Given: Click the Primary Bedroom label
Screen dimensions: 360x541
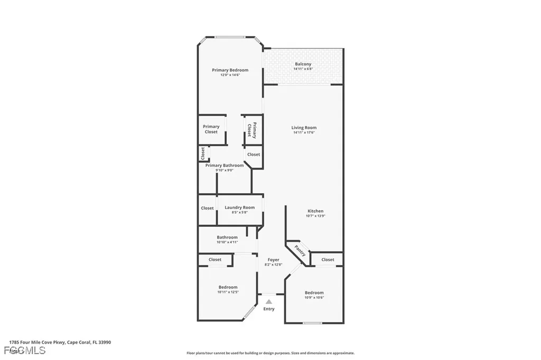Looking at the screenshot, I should (x=230, y=70).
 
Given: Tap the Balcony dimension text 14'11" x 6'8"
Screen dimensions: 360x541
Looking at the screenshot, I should (x=303, y=69).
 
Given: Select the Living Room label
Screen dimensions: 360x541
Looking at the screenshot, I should (x=304, y=128).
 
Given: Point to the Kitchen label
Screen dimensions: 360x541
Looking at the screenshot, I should (x=315, y=211).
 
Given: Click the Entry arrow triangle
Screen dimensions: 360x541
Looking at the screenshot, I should (x=268, y=301).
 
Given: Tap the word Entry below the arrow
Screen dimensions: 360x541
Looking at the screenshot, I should (x=269, y=309).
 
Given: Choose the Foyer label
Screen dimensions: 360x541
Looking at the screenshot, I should (x=273, y=260).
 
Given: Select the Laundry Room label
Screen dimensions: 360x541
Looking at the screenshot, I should (x=239, y=207).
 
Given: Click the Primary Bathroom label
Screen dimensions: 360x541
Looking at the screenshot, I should (x=225, y=165).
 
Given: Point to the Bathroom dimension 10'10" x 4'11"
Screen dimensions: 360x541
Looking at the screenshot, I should (x=227, y=242).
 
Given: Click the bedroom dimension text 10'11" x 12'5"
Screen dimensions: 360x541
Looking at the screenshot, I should (x=228, y=292).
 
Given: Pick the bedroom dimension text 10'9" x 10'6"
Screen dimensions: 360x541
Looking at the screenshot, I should (x=314, y=298).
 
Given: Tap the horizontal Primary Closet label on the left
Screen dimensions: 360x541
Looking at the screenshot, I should (x=211, y=129).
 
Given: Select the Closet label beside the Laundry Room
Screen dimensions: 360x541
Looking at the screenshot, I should (x=207, y=208).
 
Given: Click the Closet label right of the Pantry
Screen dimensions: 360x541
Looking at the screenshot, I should (x=328, y=260).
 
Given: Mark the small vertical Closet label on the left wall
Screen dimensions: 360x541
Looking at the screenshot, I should (x=202, y=154).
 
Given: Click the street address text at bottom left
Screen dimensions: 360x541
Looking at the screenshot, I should (x=60, y=342).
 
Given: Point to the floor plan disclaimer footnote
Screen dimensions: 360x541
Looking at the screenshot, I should (x=270, y=353).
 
